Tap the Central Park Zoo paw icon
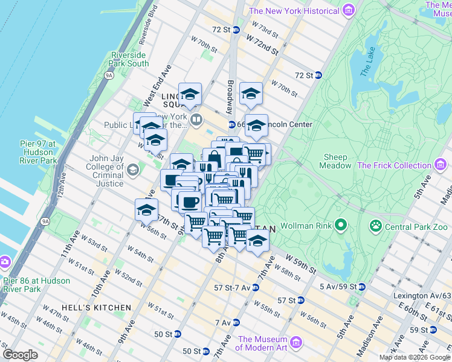point(375,226)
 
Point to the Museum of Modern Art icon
point(296,343)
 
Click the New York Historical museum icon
point(347,10)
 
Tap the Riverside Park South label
point(129,59)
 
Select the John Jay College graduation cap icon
point(132,168)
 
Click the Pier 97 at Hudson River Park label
point(38,152)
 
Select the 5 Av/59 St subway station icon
point(361,287)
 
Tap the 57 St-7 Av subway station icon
point(256,288)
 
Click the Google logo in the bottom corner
point(20,355)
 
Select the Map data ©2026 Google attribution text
point(415,357)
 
